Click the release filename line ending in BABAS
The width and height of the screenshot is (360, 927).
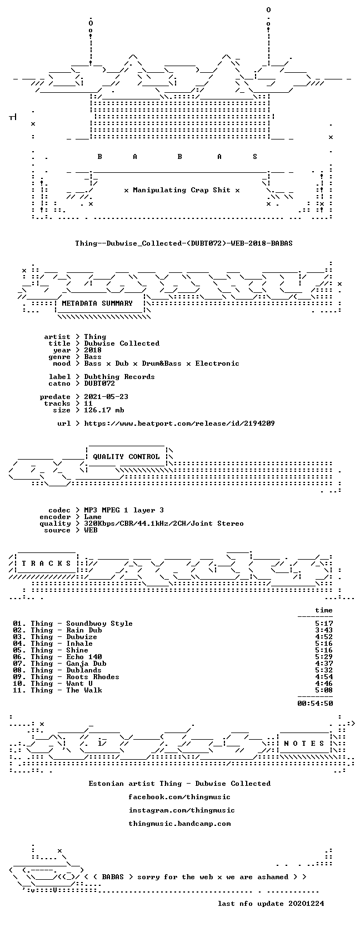tap(184, 243)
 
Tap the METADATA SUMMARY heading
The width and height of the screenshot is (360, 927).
tap(97, 303)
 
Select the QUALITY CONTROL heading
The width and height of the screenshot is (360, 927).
tap(126, 457)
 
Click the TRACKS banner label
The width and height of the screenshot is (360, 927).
tap(46, 563)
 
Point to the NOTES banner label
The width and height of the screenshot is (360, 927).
tap(304, 743)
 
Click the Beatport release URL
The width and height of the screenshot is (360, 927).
tap(179, 423)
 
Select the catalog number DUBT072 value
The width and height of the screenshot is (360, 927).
tap(99, 383)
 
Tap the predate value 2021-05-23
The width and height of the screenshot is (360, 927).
tap(106, 396)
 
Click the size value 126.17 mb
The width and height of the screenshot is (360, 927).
tap(104, 410)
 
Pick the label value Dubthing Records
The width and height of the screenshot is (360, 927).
tap(119, 377)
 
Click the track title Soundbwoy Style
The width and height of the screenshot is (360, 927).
tap(99, 623)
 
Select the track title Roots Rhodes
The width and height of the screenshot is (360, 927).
tap(93, 676)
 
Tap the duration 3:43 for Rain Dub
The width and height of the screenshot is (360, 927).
tap(324, 630)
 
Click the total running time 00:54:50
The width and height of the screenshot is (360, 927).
tap(316, 703)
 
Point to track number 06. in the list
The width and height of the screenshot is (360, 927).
tap(19, 657)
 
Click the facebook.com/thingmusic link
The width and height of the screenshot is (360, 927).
tap(179, 796)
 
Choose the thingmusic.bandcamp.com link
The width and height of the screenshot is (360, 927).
tap(179, 823)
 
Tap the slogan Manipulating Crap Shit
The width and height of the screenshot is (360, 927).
tap(182, 190)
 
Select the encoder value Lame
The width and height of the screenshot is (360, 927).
tap(93, 517)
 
